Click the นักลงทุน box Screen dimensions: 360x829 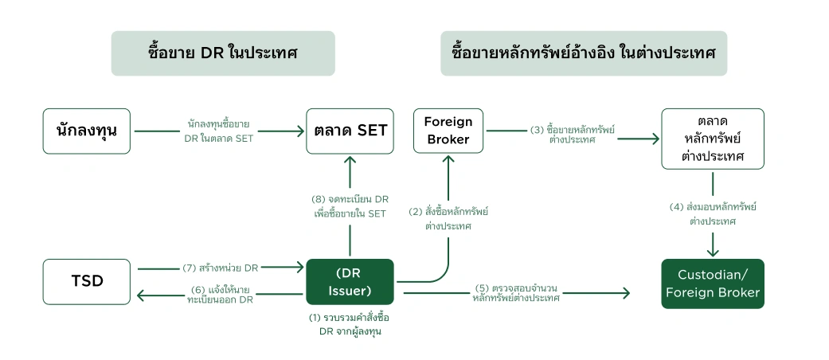(x=87, y=131)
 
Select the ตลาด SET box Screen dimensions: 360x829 (x=350, y=131)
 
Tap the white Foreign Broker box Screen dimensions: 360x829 (x=448, y=131)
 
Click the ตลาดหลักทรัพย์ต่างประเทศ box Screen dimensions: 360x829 (x=712, y=139)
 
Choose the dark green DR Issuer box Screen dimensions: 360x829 (x=350, y=281)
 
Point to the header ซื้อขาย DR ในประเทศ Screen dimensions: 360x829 (x=222, y=53)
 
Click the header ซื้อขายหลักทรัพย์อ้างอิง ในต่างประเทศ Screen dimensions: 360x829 (x=584, y=53)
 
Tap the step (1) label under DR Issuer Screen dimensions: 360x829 (x=350, y=324)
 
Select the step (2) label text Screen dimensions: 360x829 (x=448, y=218)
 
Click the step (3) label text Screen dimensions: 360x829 (x=572, y=134)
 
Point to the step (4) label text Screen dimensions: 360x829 (x=712, y=213)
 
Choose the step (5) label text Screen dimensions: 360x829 (x=515, y=293)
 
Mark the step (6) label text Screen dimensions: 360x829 (x=220, y=294)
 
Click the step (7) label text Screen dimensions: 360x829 (x=220, y=268)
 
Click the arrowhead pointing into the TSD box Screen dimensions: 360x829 (x=141, y=296)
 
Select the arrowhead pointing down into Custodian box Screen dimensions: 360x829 (x=712, y=249)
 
